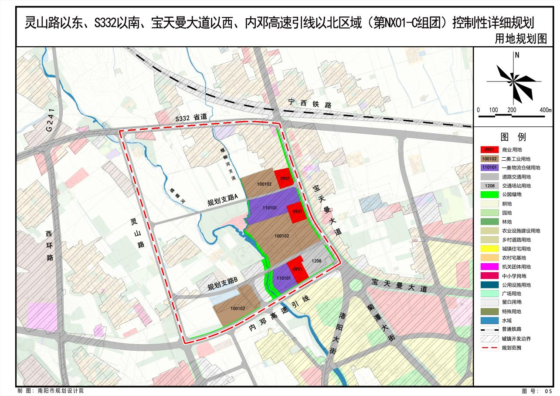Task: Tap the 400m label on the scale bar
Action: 545,110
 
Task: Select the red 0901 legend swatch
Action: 490,149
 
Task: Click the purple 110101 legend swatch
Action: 490,167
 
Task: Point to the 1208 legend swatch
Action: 490,186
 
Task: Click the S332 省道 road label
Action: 190,118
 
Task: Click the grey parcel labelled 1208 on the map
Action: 317,261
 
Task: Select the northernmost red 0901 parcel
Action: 285,178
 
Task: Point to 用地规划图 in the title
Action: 520,39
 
